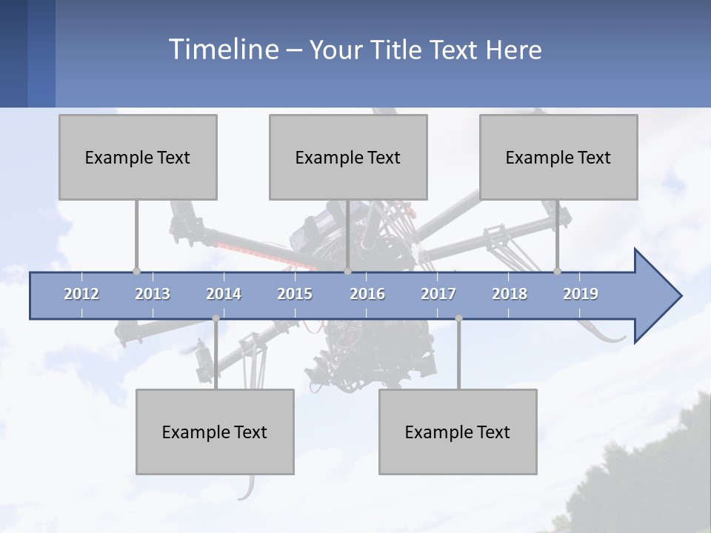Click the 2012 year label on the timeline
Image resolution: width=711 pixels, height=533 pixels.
pos(81,294)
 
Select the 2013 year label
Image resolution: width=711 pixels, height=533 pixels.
pos(153,294)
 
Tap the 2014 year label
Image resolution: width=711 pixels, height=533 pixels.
pos(224,294)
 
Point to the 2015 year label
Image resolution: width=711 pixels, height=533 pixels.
pos(295,294)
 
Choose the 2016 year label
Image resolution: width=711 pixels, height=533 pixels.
pos(367,294)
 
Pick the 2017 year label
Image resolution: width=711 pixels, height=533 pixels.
pos(438,294)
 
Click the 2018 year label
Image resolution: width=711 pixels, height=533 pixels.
pos(510,294)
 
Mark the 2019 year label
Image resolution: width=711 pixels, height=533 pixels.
pos(581,294)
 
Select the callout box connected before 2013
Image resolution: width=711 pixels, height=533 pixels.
pos(138,157)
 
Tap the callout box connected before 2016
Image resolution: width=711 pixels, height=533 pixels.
pos(348,157)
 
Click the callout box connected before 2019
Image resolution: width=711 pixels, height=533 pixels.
pos(558,157)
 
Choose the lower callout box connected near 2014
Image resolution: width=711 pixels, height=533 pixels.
pos(215,432)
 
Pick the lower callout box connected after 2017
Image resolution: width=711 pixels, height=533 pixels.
pos(458,432)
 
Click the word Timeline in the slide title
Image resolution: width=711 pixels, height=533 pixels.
pos(222,50)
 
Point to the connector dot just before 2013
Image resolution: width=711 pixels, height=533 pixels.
pos(136,272)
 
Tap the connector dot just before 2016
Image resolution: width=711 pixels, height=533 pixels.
pos(348,272)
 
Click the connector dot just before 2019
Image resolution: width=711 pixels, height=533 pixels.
pos(558,272)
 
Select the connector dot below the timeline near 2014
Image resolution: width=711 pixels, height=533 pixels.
pos(216,318)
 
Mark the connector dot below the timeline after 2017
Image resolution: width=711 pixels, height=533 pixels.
pos(458,318)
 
